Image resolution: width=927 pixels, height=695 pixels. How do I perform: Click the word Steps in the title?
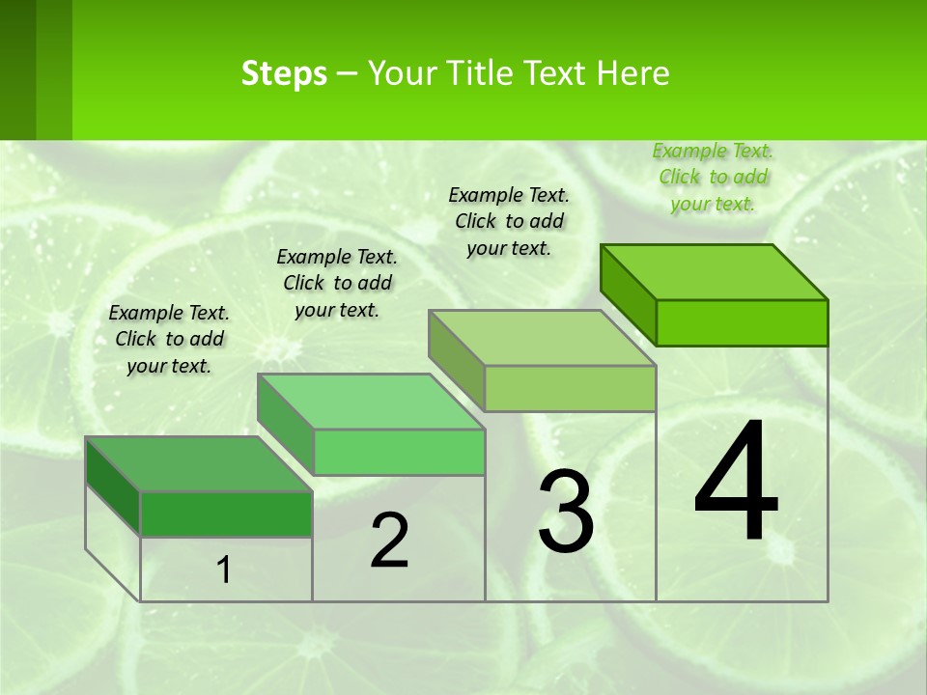tap(284, 73)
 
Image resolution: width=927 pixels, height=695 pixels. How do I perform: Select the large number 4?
tap(736, 483)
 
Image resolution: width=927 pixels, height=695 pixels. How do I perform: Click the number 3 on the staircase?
tap(566, 512)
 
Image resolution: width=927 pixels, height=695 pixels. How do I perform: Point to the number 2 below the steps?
tap(389, 541)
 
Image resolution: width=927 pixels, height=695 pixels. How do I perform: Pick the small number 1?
tap(224, 570)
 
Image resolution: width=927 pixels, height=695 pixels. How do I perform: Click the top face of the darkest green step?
tap(199, 464)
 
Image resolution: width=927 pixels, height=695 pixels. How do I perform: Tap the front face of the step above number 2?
tap(399, 452)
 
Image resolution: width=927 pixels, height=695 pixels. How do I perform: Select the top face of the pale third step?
tap(542, 338)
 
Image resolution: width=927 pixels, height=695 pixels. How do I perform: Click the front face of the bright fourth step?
tap(742, 322)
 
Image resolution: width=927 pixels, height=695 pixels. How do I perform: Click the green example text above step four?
tap(713, 177)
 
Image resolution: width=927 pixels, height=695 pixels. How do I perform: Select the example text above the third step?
tap(509, 221)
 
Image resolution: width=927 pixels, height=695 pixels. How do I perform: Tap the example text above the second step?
tap(337, 283)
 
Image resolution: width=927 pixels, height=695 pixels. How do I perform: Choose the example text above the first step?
tap(169, 339)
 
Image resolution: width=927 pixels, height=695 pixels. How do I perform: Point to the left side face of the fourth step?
tap(628, 294)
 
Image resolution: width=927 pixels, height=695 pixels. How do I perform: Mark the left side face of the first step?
tap(113, 486)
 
